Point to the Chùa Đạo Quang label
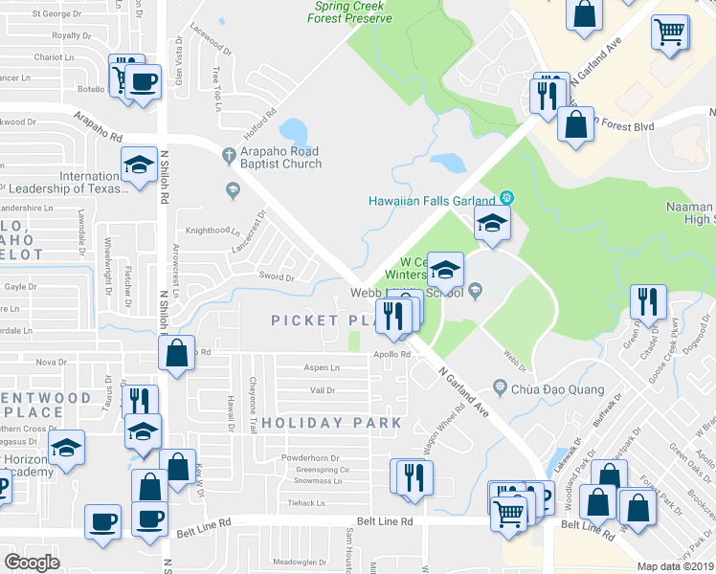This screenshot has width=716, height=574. tap(557, 388)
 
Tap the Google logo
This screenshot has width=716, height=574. tap(32, 562)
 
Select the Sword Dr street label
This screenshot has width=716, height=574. tap(277, 276)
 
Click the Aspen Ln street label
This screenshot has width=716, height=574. tap(322, 367)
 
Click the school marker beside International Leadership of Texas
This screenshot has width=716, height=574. tap(139, 165)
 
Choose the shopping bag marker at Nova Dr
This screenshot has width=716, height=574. tap(177, 353)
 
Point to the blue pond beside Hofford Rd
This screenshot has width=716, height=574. tap(293, 130)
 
